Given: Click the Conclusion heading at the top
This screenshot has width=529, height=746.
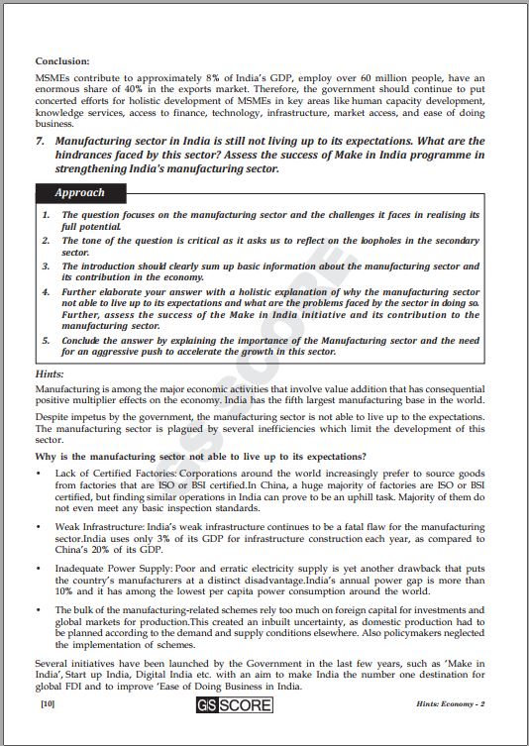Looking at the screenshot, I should (62, 61).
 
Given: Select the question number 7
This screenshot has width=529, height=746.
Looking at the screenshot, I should (41, 142).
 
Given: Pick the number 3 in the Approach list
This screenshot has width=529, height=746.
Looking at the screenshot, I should (46, 266).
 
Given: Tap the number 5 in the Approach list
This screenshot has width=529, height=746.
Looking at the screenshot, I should (46, 341).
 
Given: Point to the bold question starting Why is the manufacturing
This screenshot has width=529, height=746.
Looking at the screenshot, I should (200, 456).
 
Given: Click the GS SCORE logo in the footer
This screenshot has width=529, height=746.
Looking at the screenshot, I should (264, 706).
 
